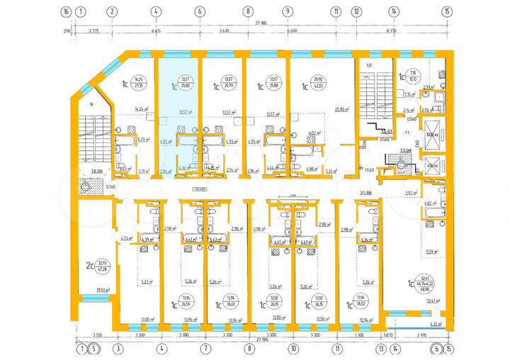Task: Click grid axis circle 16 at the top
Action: (66, 11)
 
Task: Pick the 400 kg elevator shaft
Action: (431, 168)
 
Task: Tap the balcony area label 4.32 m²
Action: (436, 323)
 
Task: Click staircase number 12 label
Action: (368, 65)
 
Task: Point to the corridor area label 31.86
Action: (366, 192)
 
